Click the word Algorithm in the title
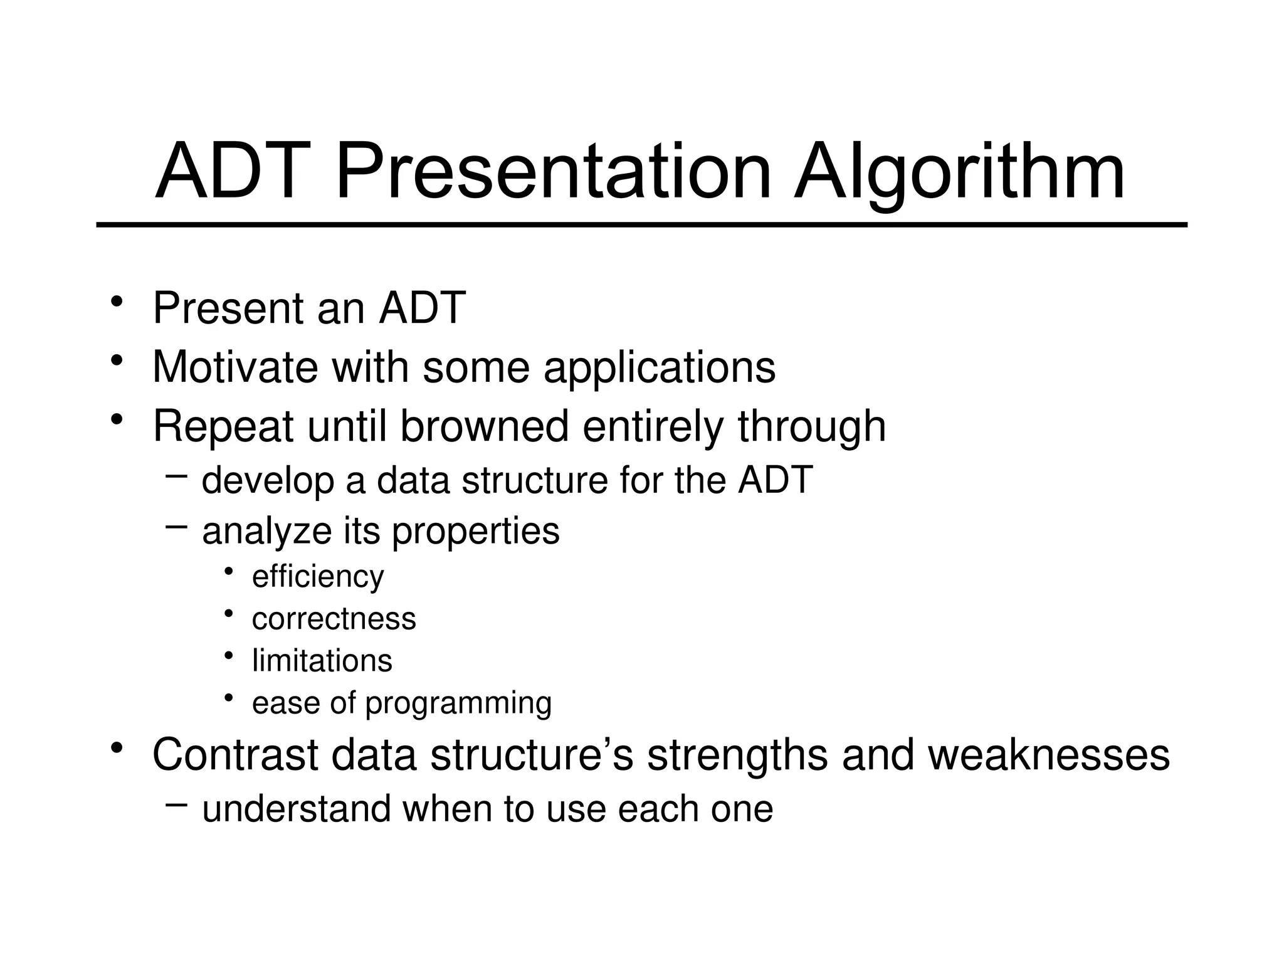959,172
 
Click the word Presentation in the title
553,172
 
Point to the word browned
484,426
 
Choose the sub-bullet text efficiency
317,577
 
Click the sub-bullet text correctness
334,619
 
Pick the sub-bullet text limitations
322,661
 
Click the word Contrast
235,755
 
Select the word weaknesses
1048,755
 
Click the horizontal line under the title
642,224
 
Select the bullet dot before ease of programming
229,698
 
